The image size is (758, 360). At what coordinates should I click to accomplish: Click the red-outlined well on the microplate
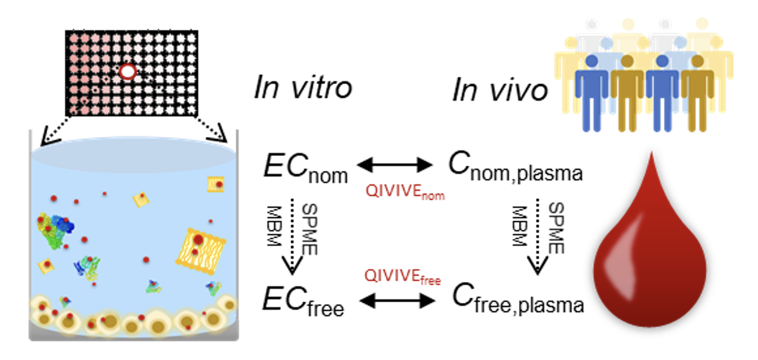pos(127,72)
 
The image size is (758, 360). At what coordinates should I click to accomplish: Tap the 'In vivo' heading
pos(499,90)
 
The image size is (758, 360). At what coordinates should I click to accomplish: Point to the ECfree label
pos(303,299)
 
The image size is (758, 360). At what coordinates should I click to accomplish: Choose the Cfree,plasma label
pos(517,299)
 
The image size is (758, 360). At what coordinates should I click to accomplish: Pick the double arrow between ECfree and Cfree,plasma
pos(396,300)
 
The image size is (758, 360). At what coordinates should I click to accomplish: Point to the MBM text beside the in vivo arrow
pos(520,226)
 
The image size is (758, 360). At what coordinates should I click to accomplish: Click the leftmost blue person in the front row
pos(592,92)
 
